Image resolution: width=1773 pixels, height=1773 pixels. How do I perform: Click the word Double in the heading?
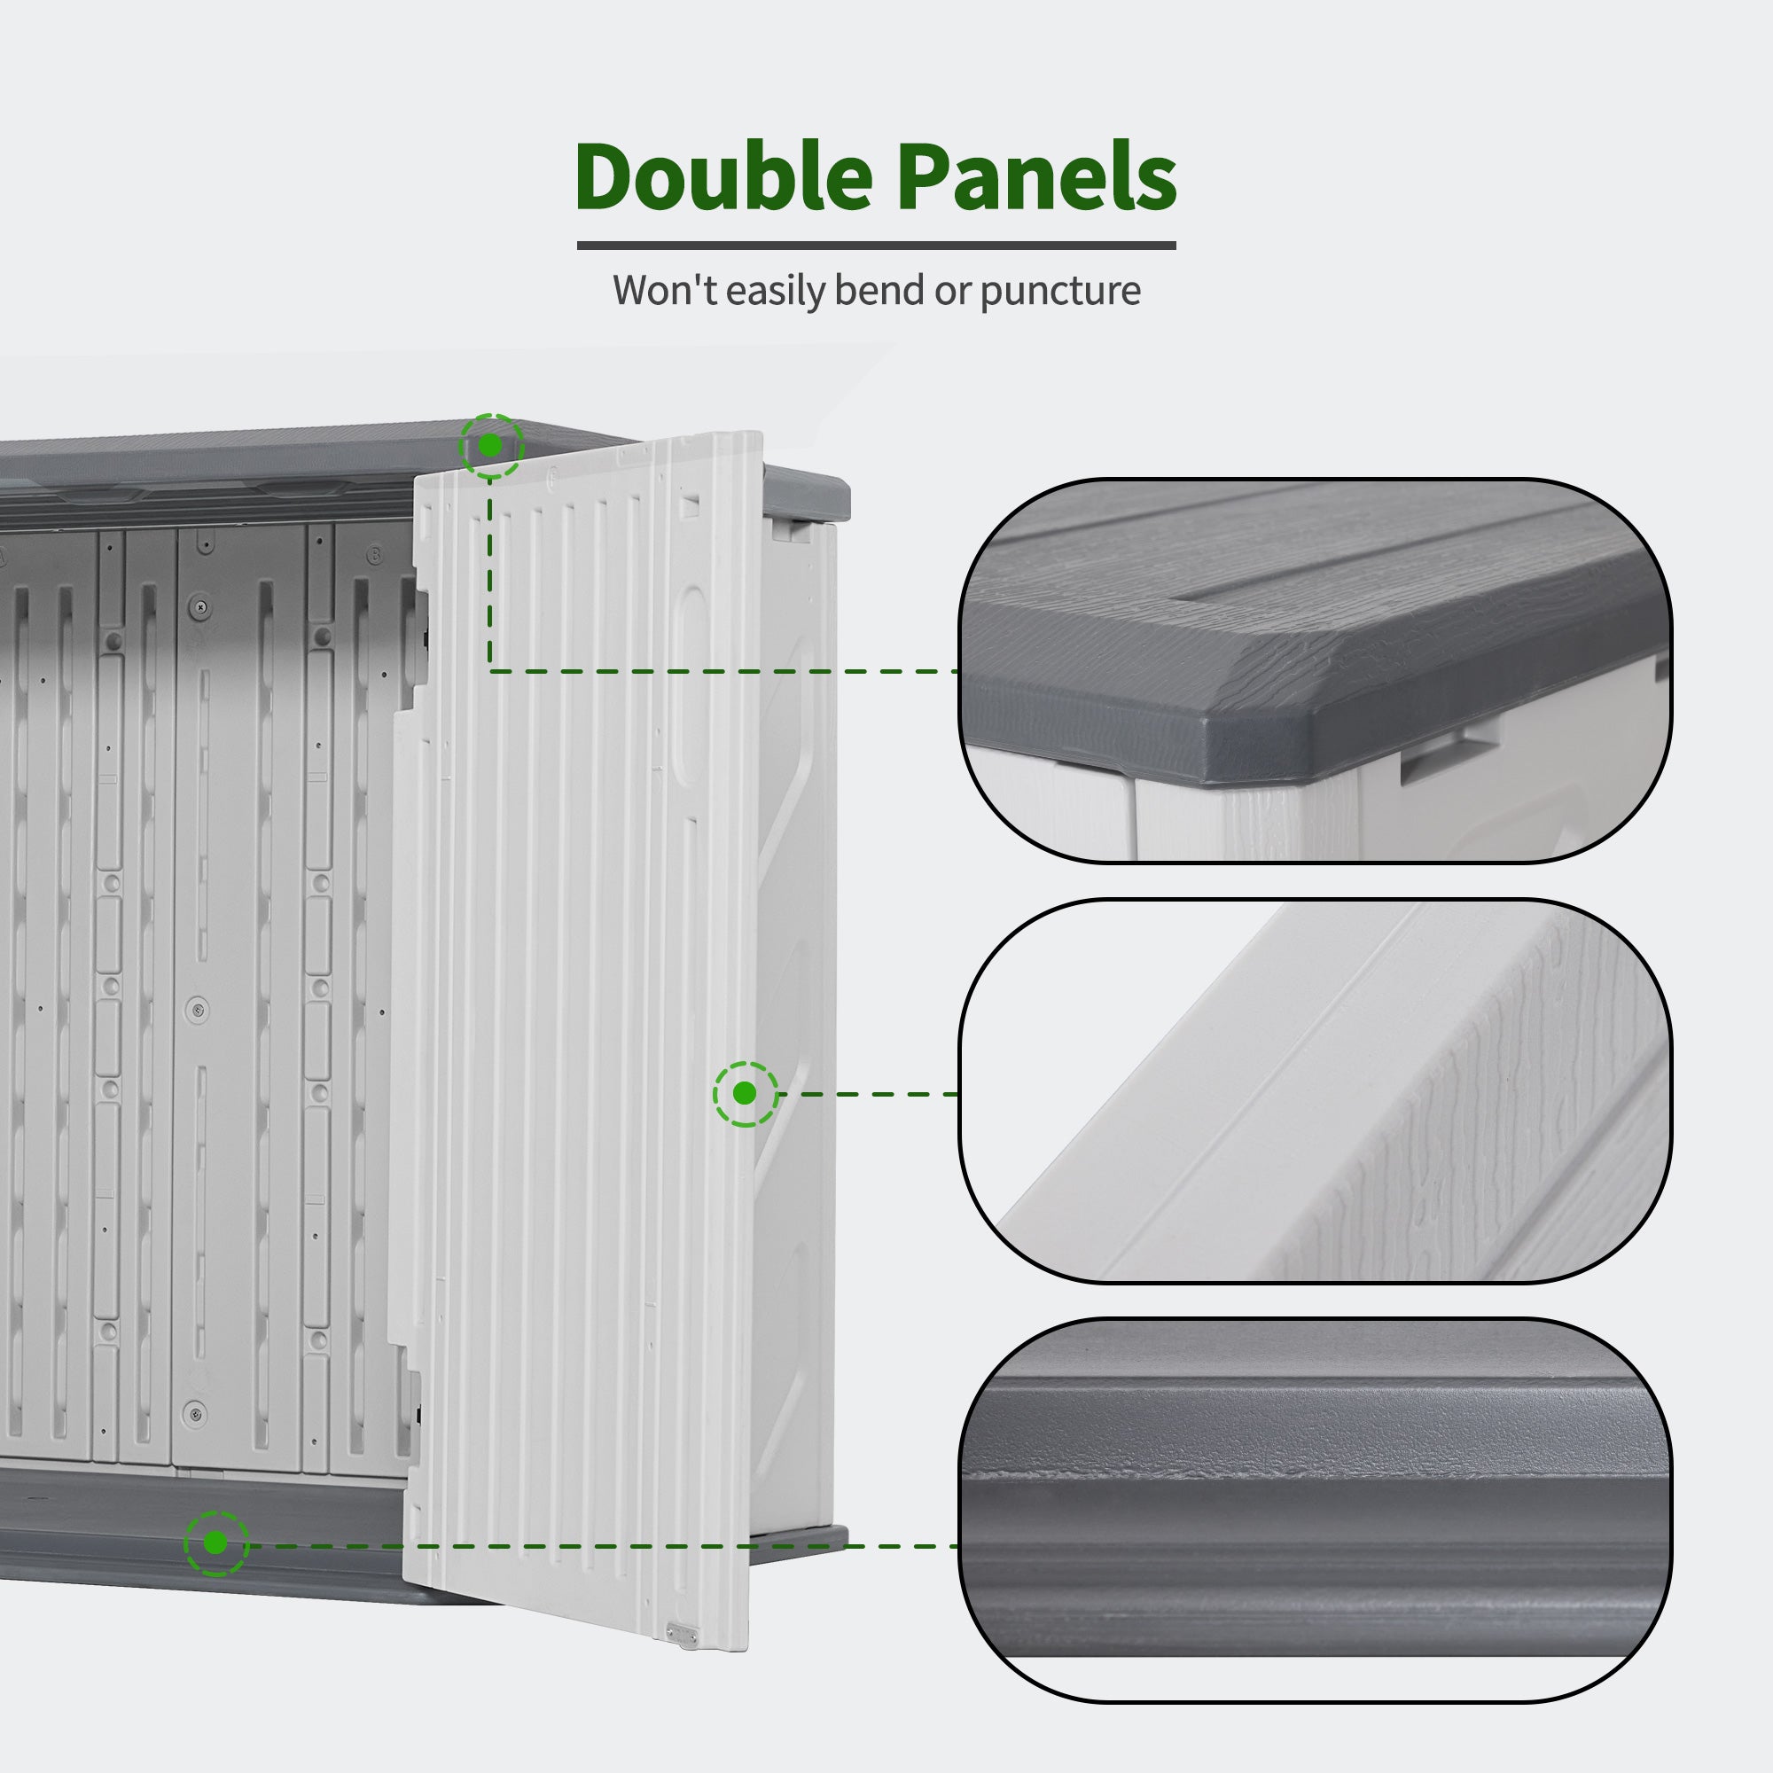(723, 177)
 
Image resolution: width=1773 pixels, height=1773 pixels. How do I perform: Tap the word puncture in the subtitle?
(1060, 292)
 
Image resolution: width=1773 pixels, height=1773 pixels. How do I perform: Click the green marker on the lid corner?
(491, 446)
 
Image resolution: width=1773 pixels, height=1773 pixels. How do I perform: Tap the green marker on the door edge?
(746, 1094)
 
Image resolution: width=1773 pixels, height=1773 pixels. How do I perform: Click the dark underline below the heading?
(877, 245)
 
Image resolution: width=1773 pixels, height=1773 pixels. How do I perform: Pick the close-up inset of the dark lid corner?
(1315, 671)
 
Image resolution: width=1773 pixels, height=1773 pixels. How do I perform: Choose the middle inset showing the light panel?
(1315, 1091)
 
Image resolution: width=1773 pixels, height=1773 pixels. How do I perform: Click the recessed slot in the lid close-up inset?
(1434, 749)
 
